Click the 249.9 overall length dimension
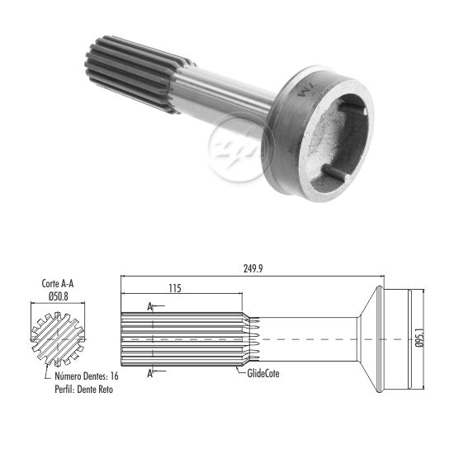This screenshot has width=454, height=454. (x=253, y=269)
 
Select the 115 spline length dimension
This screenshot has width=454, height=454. (x=175, y=288)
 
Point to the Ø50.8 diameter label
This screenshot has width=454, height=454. (x=59, y=296)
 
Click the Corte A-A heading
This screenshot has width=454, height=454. (x=58, y=283)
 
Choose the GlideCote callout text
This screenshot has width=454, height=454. (x=263, y=373)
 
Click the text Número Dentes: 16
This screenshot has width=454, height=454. (x=87, y=376)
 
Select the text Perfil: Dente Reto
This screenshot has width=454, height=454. (x=84, y=389)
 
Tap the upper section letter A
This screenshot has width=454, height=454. (x=149, y=306)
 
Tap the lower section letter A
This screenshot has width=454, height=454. (x=149, y=373)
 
